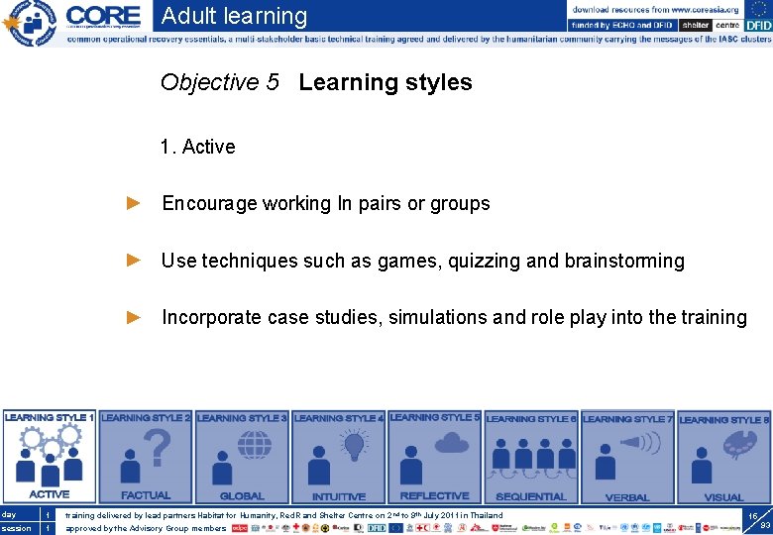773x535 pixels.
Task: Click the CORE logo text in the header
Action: tap(103, 17)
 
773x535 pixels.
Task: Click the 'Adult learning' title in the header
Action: tap(234, 16)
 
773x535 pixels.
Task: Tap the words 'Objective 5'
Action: tap(220, 82)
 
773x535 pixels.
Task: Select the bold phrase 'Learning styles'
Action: tap(386, 82)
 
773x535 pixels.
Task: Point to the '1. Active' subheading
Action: tap(197, 147)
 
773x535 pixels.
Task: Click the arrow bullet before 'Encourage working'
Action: tap(135, 203)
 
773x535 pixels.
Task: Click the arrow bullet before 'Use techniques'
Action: tap(135, 261)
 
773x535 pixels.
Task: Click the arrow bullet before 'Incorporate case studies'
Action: tap(135, 317)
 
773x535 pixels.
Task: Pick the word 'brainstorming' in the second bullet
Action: tap(624, 261)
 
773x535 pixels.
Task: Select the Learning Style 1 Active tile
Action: tap(49, 457)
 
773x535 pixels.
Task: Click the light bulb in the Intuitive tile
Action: tap(354, 449)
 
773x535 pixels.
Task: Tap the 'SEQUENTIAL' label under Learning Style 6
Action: tap(530, 496)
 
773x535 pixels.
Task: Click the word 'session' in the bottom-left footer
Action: tap(16, 528)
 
